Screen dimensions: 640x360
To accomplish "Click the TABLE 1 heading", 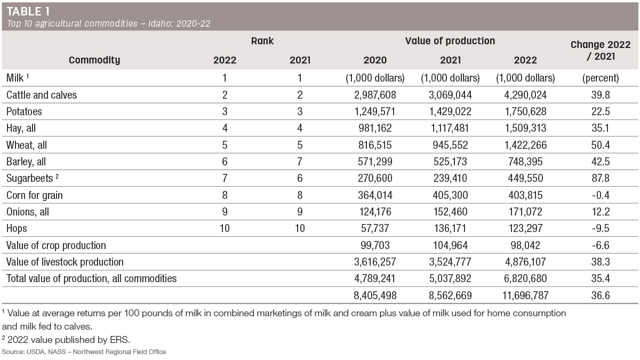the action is point(28,11).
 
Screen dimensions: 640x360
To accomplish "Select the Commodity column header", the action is point(94,60).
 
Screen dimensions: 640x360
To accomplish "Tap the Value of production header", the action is point(450,41).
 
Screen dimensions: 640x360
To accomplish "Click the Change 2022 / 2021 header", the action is point(601,50).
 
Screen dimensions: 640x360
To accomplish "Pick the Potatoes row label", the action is point(24,111).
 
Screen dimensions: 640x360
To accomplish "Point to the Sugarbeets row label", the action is point(33,178).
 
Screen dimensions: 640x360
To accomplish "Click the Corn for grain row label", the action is point(35,195).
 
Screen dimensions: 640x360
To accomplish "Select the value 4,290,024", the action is point(525,95).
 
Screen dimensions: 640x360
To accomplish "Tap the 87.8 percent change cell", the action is point(601,178).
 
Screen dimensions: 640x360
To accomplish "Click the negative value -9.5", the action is point(601,228).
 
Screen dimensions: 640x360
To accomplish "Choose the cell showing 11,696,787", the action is point(525,295).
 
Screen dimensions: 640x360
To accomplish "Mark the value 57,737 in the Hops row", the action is point(375,228).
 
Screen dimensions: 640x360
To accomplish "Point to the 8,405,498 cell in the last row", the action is point(375,295).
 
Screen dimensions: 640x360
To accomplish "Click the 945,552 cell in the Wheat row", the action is point(450,145).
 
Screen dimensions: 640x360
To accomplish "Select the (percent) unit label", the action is point(601,78).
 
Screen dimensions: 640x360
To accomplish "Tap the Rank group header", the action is point(262,41).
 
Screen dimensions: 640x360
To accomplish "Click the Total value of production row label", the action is point(91,278).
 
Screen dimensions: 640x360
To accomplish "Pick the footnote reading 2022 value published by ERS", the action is point(66,340).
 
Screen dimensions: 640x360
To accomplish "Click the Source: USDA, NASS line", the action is point(84,351).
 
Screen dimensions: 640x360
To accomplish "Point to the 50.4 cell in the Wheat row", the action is point(601,145).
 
